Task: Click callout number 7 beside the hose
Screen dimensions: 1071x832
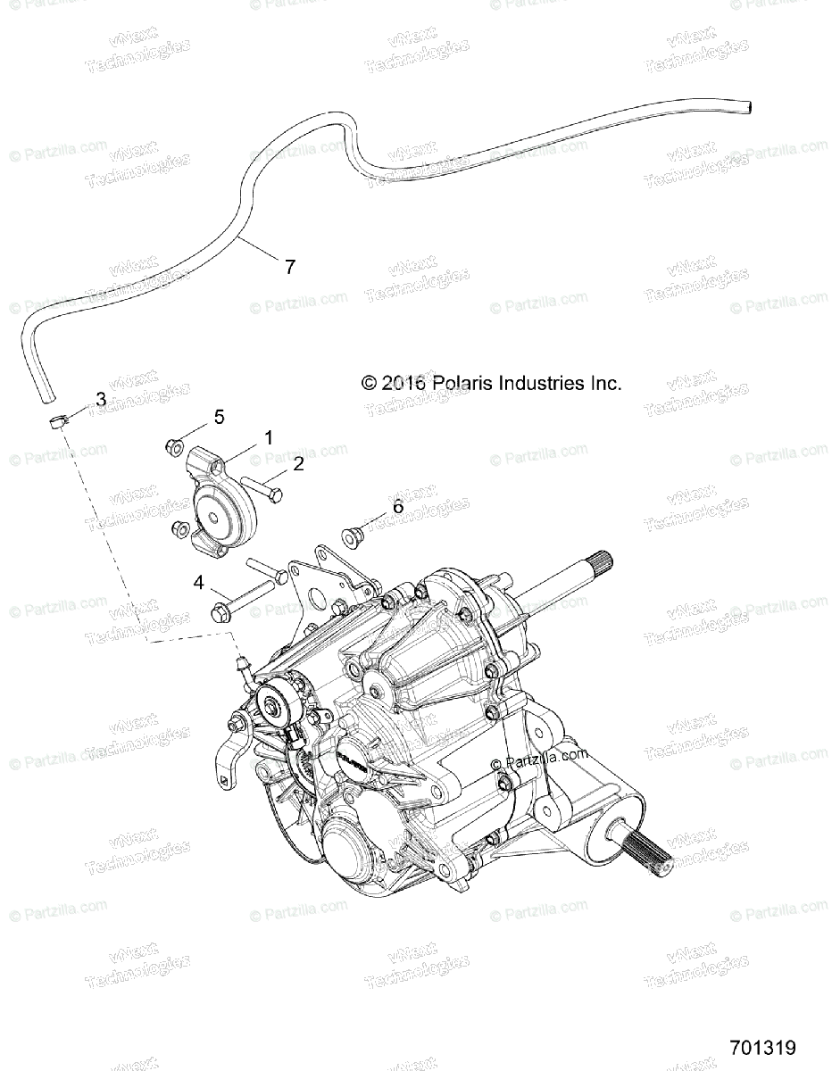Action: [x=289, y=265]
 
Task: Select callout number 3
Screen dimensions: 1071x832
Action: [x=101, y=400]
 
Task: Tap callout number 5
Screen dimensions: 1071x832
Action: [x=218, y=416]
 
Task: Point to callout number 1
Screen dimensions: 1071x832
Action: [x=266, y=437]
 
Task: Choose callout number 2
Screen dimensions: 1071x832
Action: [x=298, y=463]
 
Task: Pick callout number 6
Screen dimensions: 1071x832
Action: [x=397, y=507]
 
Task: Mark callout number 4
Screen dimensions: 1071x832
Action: [x=199, y=584]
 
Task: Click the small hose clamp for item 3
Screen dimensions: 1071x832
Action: [x=57, y=420]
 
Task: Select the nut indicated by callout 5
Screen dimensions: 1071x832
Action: [x=176, y=445]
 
